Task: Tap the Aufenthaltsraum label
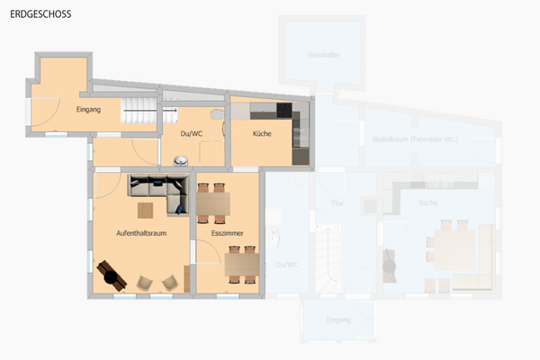tap(141, 233)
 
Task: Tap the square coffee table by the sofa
tap(146, 211)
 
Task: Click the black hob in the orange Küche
tap(285, 112)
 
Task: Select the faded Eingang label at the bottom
tap(337, 319)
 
